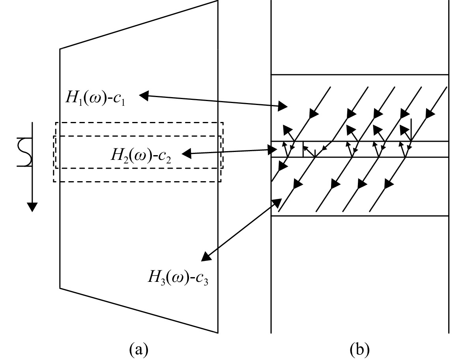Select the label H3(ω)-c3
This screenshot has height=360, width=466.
click(x=178, y=277)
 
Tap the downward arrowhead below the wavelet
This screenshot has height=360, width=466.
click(x=32, y=207)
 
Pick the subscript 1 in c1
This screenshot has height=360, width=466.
click(x=123, y=102)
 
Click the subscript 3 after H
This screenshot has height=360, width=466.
click(x=163, y=281)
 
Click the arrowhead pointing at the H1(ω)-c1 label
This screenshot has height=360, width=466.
click(x=144, y=96)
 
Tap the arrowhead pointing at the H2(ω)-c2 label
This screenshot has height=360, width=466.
click(x=186, y=154)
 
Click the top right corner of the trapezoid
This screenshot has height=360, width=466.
click(x=218, y=1)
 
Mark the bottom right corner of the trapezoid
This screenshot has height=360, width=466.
click(x=218, y=333)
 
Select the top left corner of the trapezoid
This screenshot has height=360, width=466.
click(x=60, y=49)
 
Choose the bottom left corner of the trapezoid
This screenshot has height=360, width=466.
click(x=60, y=288)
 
